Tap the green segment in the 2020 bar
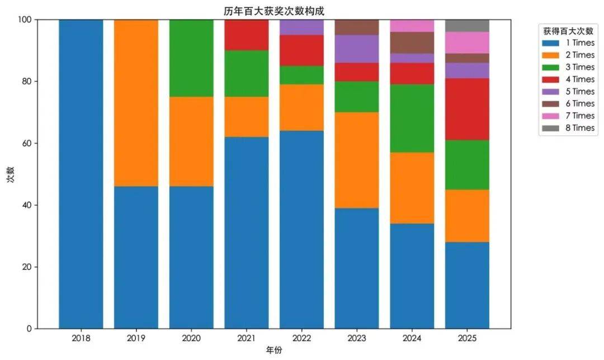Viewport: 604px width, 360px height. coord(191,58)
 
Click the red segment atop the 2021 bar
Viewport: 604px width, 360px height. coord(246,35)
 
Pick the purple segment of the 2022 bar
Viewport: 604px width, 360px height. coord(301,27)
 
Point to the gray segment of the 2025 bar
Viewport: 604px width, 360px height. coord(467,26)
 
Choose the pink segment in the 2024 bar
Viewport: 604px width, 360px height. coord(412,26)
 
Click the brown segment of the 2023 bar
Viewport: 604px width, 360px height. coord(357,27)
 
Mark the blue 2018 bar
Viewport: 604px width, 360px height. coord(81,174)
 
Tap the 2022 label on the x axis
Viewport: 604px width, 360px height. coord(301,338)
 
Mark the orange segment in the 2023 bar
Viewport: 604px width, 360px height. coord(357,160)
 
